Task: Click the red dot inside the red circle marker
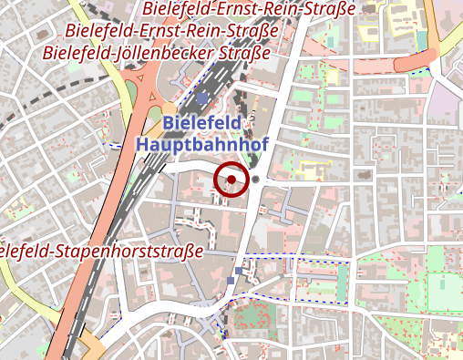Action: pyautogui.click(x=231, y=180)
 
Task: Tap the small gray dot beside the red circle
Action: pyautogui.click(x=256, y=180)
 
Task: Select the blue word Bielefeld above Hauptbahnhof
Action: pyautogui.click(x=196, y=123)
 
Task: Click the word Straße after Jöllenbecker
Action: pyautogui.click(x=245, y=53)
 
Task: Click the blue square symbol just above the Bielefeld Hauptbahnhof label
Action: pyautogui.click(x=201, y=98)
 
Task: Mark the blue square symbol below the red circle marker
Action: pyautogui.click(x=240, y=272)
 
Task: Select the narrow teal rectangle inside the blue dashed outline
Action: pyautogui.click(x=343, y=282)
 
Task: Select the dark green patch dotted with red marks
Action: pyautogui.click(x=254, y=320)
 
